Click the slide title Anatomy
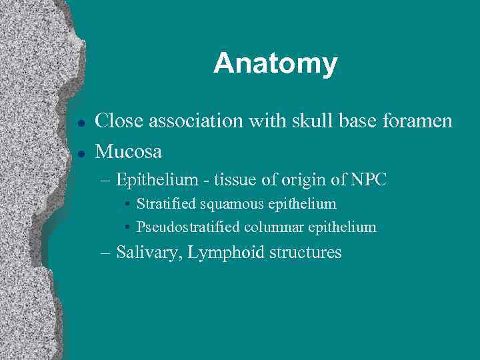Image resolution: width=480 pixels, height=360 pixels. [x=275, y=64]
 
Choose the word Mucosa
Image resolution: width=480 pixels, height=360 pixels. [x=129, y=151]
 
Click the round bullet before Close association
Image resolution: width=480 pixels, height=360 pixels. [x=80, y=123]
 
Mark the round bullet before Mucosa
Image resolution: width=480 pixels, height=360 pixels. [x=80, y=153]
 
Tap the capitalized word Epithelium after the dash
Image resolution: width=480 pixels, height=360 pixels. [x=157, y=180]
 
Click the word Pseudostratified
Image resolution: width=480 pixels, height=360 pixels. [x=189, y=227]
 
